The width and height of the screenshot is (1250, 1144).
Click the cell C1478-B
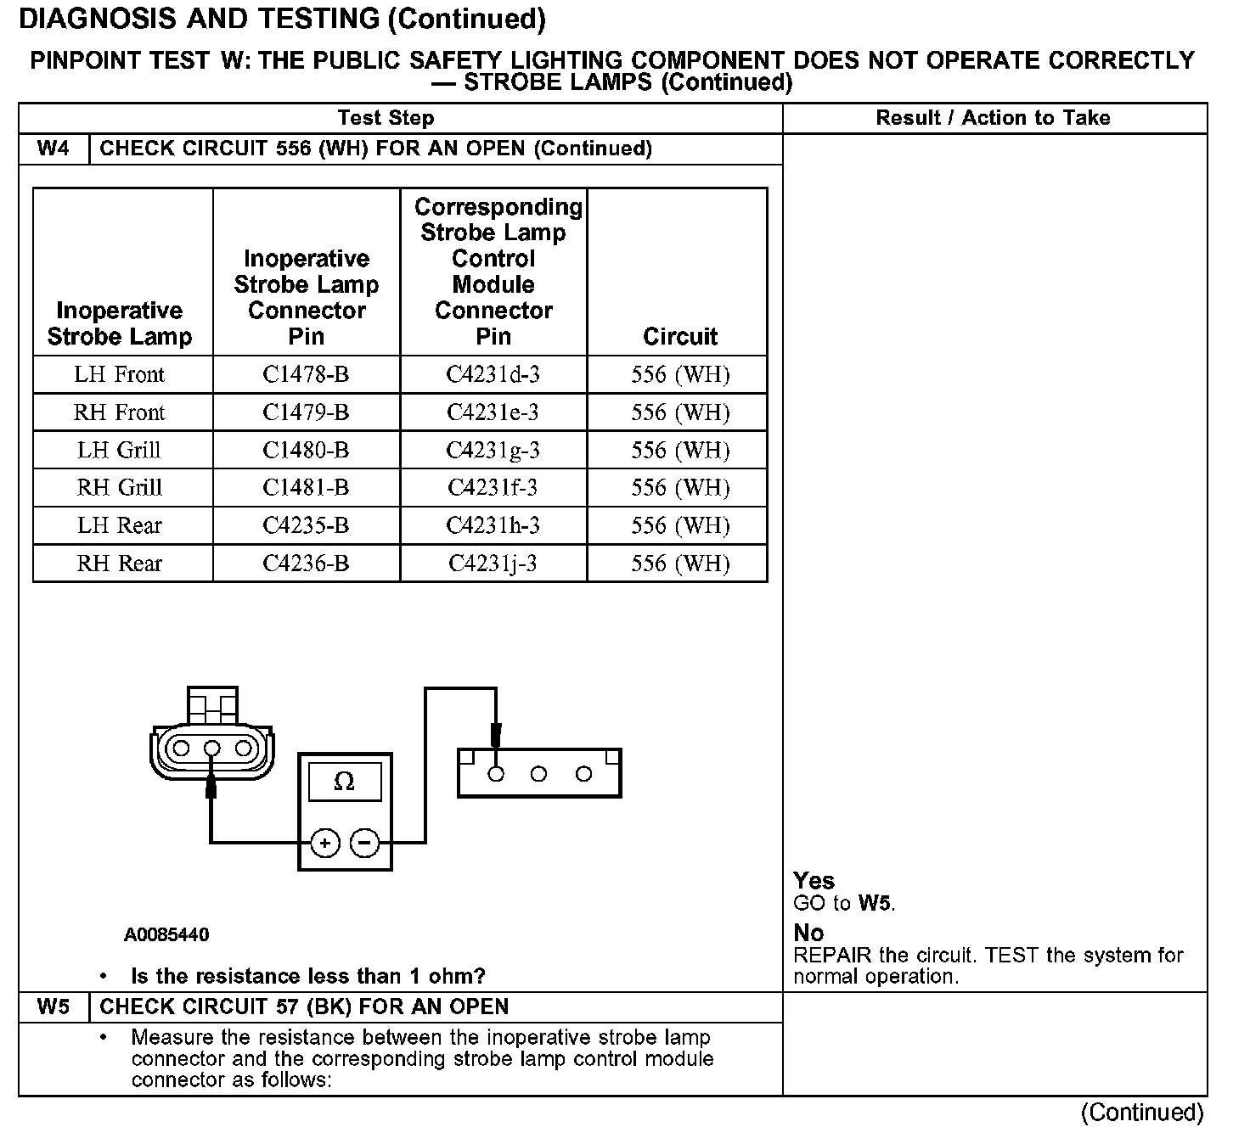(306, 374)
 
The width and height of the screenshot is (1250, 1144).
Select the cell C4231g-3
(493, 450)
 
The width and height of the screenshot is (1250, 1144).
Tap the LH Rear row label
(119, 525)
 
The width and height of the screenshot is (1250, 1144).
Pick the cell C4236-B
(306, 564)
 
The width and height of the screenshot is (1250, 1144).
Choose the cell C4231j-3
(493, 564)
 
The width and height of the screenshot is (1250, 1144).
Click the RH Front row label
(119, 412)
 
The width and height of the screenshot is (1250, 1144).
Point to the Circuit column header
(679, 336)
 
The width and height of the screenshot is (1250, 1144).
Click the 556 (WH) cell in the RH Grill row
(679, 488)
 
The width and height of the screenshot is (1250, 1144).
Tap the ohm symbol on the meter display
(344, 781)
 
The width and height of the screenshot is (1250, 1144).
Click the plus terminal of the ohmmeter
(325, 843)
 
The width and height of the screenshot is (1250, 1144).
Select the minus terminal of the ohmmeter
(364, 843)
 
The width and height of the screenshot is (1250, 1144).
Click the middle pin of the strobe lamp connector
(212, 749)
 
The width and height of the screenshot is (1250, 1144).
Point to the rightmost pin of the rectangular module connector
(583, 774)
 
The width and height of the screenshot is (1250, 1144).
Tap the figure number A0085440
(166, 935)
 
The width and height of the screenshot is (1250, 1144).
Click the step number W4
(53, 149)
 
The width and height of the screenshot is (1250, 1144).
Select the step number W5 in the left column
(53, 1007)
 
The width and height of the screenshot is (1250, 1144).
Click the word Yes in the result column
(814, 880)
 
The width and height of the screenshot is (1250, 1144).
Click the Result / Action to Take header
(993, 118)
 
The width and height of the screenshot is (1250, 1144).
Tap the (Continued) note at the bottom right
(1141, 1112)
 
